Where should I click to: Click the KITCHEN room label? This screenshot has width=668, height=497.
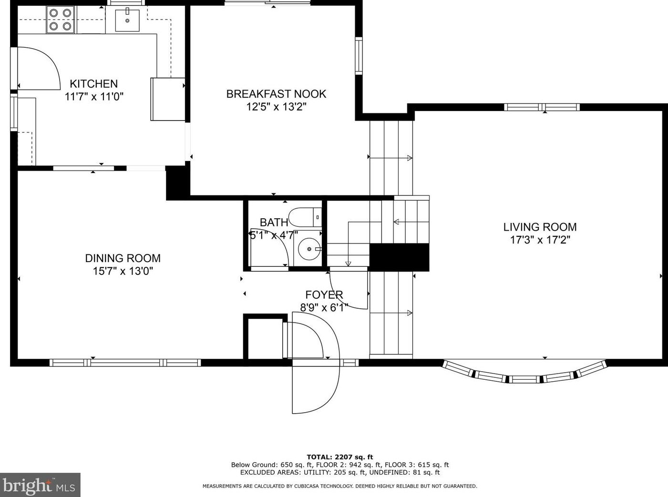tap(93, 84)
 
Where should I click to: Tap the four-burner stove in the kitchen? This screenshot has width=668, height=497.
tap(60, 20)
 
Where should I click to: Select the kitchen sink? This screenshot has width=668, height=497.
tap(127, 20)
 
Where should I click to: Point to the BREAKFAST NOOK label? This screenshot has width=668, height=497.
tap(276, 94)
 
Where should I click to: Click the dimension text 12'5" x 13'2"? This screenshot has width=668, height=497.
tap(276, 107)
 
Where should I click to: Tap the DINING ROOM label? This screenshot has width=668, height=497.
tap(123, 258)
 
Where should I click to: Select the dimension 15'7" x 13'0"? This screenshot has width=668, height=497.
tap(123, 271)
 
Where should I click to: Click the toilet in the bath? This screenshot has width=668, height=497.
tap(305, 217)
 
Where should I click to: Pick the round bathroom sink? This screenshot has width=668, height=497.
tap(309, 249)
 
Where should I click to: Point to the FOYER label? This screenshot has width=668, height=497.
tap(324, 294)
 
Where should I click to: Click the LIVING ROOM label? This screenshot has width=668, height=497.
tap(540, 227)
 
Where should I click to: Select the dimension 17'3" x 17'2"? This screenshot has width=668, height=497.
tap(540, 240)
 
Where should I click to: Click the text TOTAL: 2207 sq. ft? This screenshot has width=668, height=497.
tap(340, 457)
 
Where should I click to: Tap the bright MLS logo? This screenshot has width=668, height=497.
tap(40, 485)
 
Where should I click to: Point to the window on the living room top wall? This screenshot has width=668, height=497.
tap(542, 107)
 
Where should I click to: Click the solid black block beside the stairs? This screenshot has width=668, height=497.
tap(399, 257)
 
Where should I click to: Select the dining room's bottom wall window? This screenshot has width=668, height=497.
tap(125, 363)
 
